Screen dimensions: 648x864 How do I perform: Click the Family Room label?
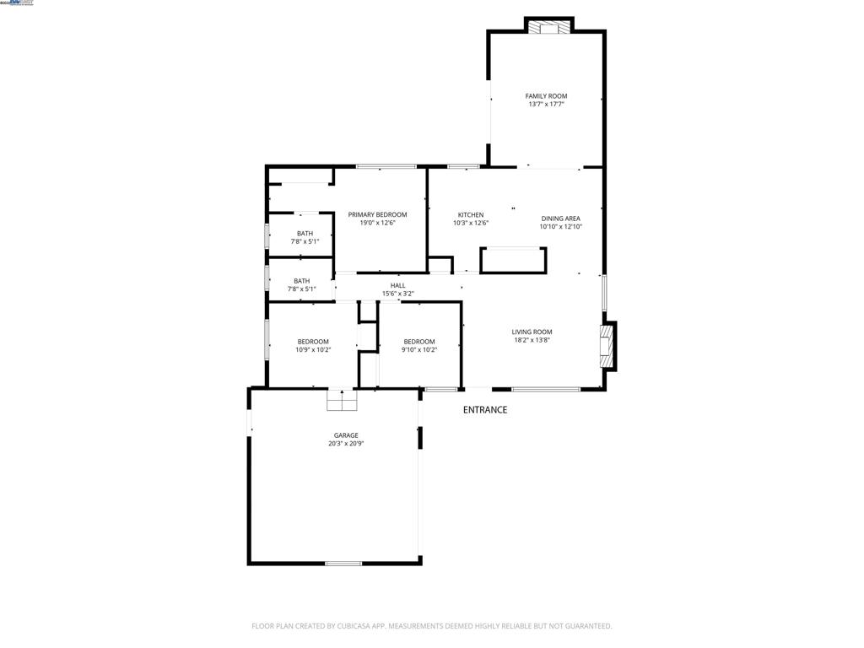point(546,96)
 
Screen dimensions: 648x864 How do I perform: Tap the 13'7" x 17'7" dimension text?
point(546,105)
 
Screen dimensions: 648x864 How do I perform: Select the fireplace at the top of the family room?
point(549,27)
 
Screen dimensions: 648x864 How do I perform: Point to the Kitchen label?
point(471,215)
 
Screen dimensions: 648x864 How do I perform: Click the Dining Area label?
point(561,219)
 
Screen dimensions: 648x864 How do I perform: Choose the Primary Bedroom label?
point(377,215)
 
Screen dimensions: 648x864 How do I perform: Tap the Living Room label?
point(532,332)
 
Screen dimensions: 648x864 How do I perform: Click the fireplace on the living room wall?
point(606,346)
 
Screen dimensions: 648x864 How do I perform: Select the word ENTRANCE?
point(485,410)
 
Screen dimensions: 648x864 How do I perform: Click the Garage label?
point(346,435)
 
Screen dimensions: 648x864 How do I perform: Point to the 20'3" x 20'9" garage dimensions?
point(346,444)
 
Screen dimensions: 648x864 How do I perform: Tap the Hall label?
point(398,285)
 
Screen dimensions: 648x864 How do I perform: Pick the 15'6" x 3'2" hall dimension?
point(398,294)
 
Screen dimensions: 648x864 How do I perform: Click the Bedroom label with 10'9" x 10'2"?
point(313,341)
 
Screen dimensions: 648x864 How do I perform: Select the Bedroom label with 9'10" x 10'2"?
point(418,341)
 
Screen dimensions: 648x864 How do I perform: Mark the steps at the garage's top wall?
point(343,401)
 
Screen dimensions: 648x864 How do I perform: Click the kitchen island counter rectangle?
point(513,261)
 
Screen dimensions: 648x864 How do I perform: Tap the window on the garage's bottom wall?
point(343,563)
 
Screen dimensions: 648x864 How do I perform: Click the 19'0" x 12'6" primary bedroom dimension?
point(377,224)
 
